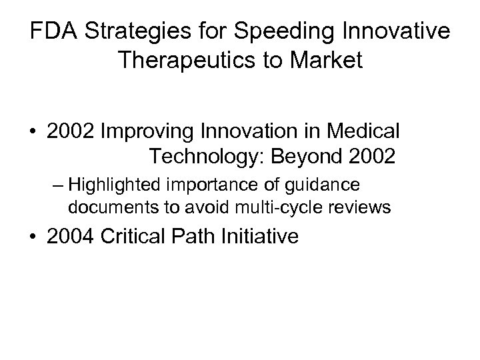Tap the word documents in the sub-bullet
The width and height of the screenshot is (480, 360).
103,207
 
